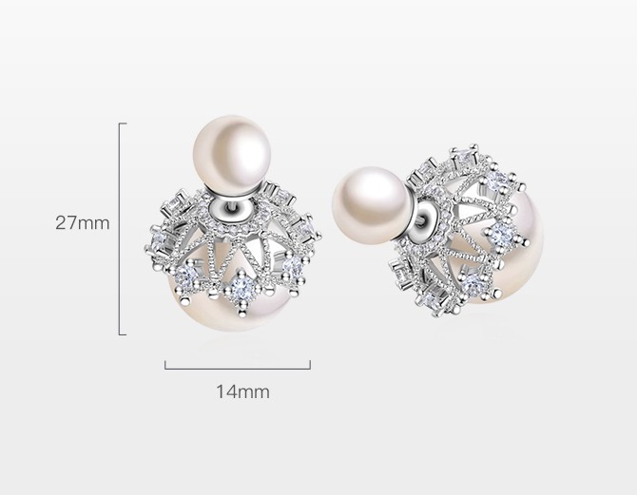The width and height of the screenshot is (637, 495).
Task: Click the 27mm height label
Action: pos(83,223)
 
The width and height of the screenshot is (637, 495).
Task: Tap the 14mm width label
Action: pos(242,391)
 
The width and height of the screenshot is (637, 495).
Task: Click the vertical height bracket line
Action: pos(120,229)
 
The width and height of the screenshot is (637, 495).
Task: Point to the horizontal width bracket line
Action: pos(238,369)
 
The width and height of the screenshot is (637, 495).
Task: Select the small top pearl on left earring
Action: pos(232,151)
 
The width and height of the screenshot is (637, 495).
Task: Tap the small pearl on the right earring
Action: pos(371,210)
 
